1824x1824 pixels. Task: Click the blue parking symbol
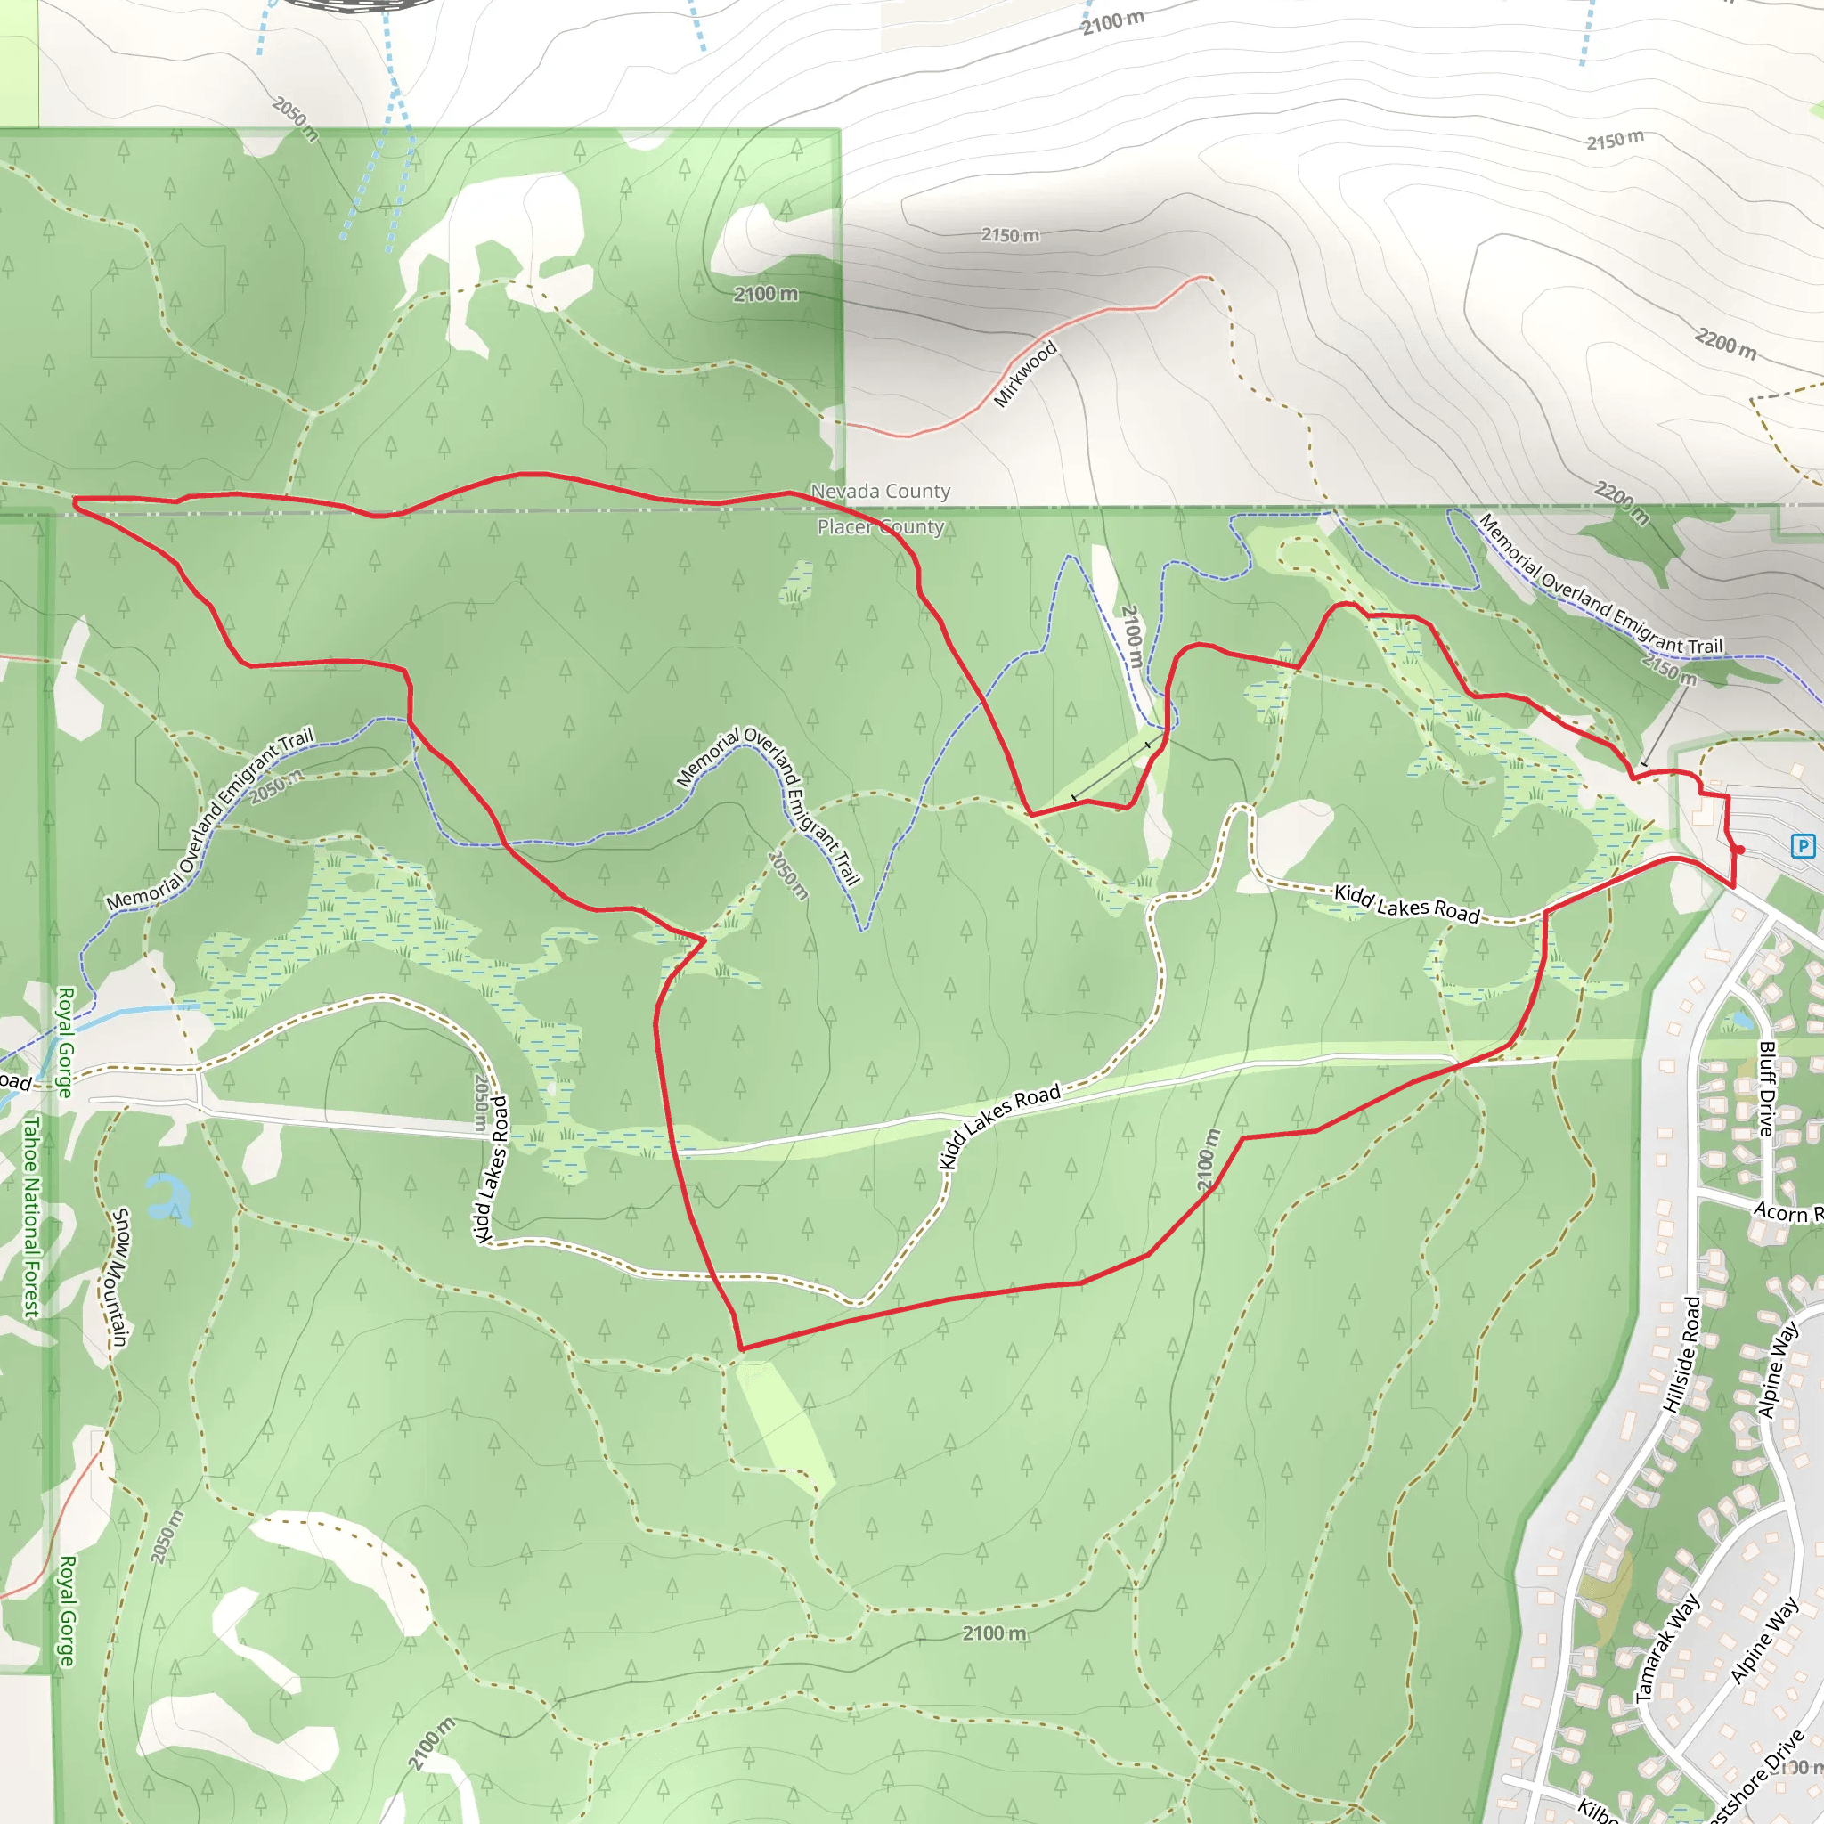click(1803, 846)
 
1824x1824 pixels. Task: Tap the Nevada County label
click(880, 491)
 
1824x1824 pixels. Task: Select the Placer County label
click(880, 527)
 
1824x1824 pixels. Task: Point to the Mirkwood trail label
click(1025, 375)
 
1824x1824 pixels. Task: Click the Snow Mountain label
click(119, 1277)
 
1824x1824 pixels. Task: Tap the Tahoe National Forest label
click(32, 1217)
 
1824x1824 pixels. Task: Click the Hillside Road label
click(1681, 1355)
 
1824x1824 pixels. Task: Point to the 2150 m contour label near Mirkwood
click(1010, 235)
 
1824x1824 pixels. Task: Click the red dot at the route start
click(1740, 851)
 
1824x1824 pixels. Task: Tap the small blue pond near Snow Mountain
click(171, 1198)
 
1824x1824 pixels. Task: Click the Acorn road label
click(1787, 1212)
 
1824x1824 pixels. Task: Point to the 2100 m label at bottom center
click(994, 1633)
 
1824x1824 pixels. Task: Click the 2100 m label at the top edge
click(1113, 21)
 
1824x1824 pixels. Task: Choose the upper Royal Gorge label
click(65, 1042)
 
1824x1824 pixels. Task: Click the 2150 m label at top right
click(1615, 141)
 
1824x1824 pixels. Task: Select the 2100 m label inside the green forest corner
click(766, 295)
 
